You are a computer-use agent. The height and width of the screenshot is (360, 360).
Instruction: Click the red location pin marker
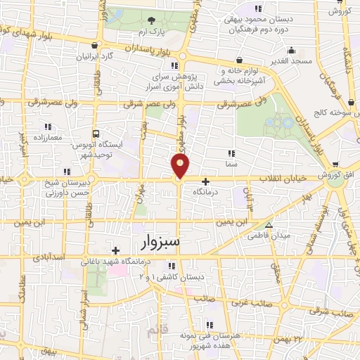tap(181, 167)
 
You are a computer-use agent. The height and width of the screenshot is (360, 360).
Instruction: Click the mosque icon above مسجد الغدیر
tap(291, 49)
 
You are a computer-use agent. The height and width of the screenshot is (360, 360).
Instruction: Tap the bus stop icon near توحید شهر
tap(96, 134)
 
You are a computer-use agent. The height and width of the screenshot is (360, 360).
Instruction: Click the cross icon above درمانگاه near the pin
tap(205, 181)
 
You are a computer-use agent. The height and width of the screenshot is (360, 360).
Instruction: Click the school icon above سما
tap(231, 152)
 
